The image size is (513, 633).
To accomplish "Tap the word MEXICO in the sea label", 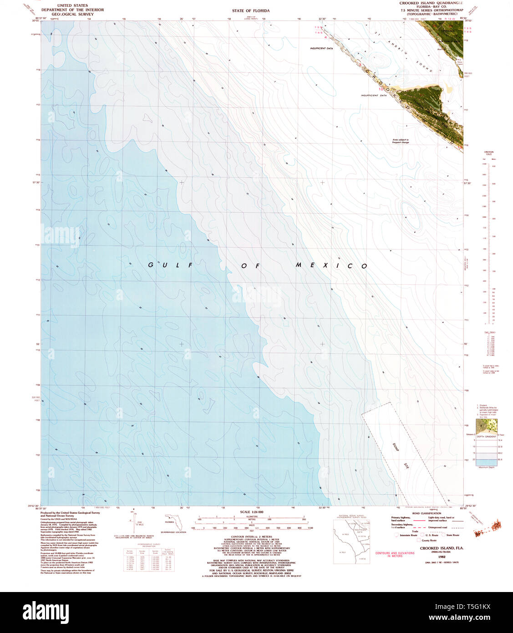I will (x=331, y=265).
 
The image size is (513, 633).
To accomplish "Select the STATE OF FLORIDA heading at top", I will (x=251, y=10).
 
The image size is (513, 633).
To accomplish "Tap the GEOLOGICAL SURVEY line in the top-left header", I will (x=72, y=14).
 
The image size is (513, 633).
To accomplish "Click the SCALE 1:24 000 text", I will (x=251, y=513).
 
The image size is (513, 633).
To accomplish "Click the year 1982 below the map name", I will (x=442, y=556).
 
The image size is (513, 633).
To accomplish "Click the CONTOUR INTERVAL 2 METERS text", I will (x=251, y=537).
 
